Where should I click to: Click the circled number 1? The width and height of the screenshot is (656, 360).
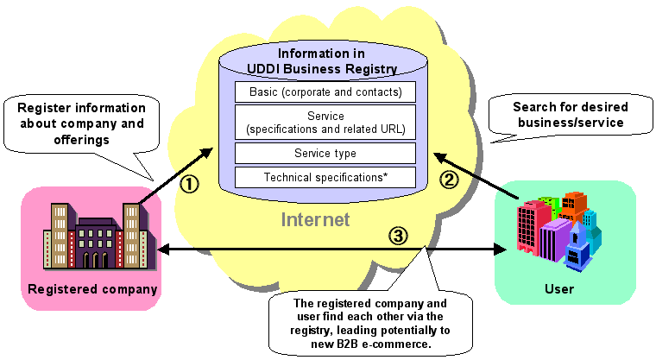pos(192,183)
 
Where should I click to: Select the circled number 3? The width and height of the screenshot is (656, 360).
pos(395,234)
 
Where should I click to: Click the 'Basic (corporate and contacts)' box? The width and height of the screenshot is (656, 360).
pos(325,91)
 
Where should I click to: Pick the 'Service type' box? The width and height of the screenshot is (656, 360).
pos(325,154)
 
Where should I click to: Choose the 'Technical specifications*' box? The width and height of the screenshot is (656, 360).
pos(325,177)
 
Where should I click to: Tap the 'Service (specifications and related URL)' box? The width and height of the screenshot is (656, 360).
pos(325,123)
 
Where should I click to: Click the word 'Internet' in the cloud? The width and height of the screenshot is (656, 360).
pos(315,220)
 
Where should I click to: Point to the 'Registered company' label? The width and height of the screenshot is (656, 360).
pos(92,289)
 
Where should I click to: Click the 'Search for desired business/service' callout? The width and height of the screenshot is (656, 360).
pos(570,116)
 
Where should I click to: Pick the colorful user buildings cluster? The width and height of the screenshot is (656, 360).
pos(559,229)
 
